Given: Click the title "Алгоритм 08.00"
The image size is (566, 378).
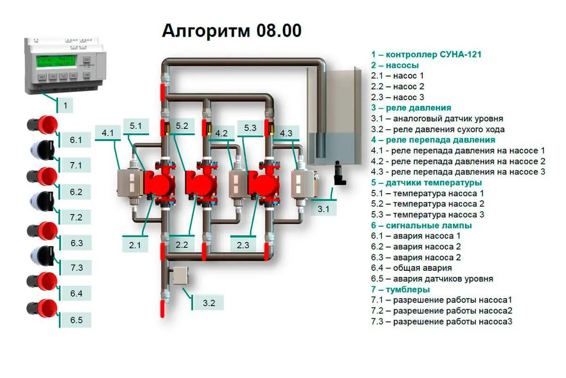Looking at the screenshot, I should pos(232,31).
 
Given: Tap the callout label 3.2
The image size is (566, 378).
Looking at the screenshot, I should pos(209,303).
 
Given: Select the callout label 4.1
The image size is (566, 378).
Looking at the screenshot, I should pos(108,133).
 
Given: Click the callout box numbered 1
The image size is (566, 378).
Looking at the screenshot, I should pos(65,105).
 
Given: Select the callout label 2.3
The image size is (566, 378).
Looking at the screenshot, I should pos(243,245).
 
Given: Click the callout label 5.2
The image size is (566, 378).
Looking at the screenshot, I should pos(182,126).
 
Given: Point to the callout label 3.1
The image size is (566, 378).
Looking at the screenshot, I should pos(323,208).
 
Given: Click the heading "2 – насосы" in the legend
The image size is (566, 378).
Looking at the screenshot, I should pos(395,65).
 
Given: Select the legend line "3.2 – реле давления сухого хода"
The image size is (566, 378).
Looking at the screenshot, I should pos(438,129).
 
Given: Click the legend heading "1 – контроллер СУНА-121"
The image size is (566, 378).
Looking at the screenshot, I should pos(426,54).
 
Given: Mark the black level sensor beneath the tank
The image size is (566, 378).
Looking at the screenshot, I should pos(339,173).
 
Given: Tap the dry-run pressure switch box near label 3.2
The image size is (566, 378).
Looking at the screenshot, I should pos(181,275).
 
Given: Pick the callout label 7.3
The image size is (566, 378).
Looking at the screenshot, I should pos(76,267).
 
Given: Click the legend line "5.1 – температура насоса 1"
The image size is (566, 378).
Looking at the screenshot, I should pos(427,193).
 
